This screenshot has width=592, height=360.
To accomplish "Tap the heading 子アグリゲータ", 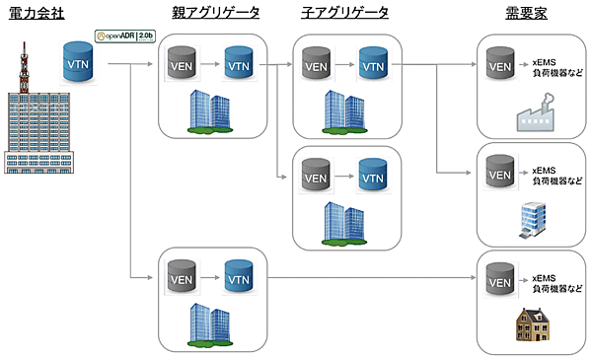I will coord(344,13).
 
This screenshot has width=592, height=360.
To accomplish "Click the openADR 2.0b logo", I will coord(124,36).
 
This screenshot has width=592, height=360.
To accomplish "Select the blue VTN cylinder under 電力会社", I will coord(78,63).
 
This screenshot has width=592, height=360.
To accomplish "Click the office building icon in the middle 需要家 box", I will coord(535,219).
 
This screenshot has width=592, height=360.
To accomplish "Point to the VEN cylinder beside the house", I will coord(500,279).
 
